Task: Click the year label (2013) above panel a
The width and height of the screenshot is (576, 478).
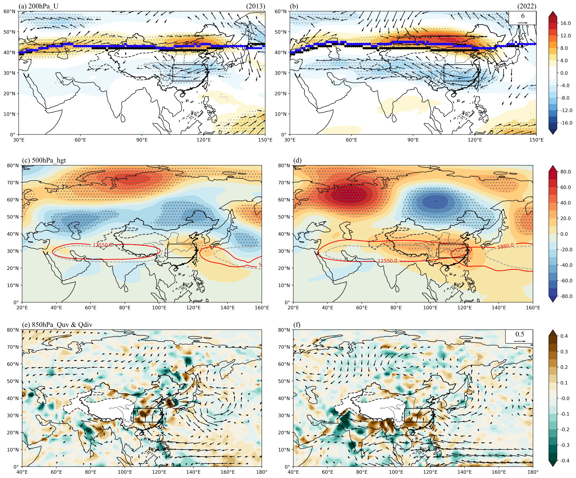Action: (256, 6)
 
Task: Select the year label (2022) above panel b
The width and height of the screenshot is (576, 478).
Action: (527, 6)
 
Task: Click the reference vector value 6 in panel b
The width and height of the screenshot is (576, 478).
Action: (523, 16)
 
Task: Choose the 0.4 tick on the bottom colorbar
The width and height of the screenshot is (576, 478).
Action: (564, 336)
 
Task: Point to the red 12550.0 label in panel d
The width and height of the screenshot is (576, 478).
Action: (387, 261)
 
